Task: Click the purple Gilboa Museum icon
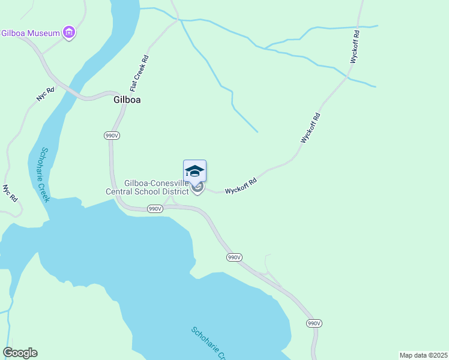pyautogui.click(x=69, y=32)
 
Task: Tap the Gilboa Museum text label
pyautogui.click(x=31, y=33)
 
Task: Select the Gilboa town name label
pyautogui.click(x=127, y=100)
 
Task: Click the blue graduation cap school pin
pyautogui.click(x=194, y=171)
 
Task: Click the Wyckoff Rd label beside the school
pyautogui.click(x=241, y=186)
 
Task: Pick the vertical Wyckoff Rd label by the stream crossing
pyautogui.click(x=355, y=47)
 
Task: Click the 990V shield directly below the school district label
pyautogui.click(x=154, y=209)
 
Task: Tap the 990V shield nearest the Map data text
pyautogui.click(x=314, y=323)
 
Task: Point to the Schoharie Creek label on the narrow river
pyautogui.click(x=44, y=175)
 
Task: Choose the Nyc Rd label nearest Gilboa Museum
pyautogui.click(x=46, y=95)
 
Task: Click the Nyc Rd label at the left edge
pyautogui.click(x=9, y=193)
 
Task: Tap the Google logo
pyautogui.click(x=20, y=353)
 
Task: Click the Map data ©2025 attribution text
pyautogui.click(x=423, y=355)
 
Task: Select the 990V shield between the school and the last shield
pyautogui.click(x=234, y=257)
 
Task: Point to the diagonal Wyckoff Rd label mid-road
pyautogui.click(x=311, y=128)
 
